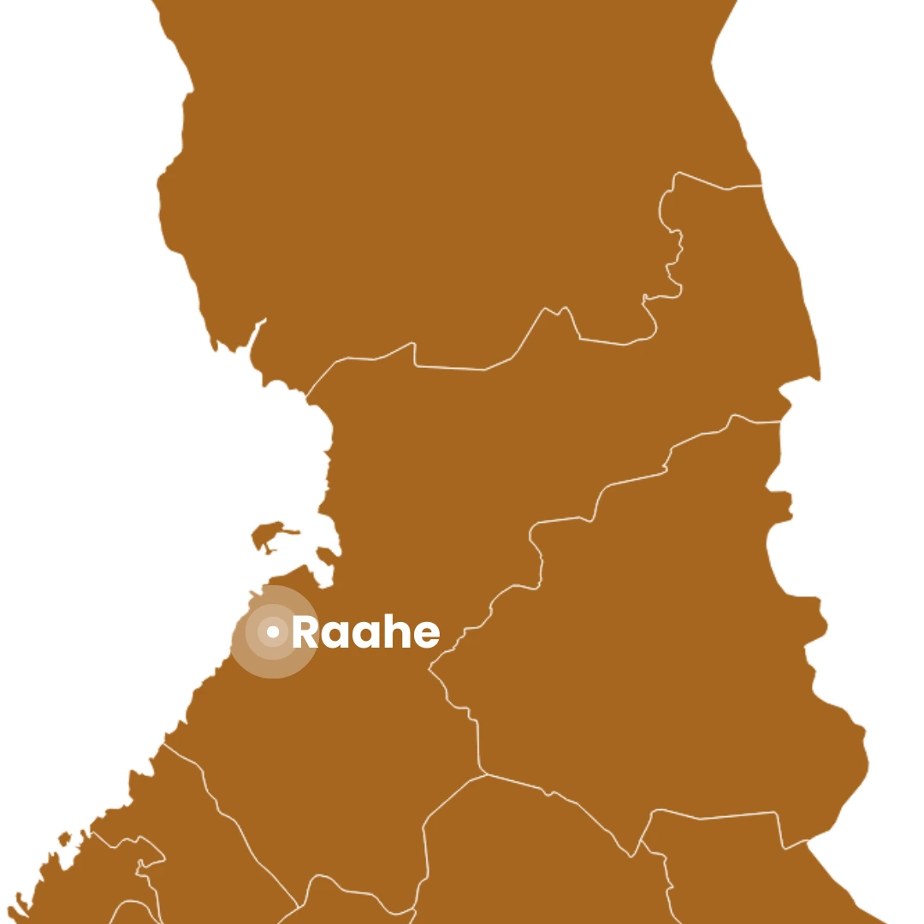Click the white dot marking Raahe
[x=273, y=632]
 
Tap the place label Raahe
[x=365, y=632]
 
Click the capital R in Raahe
[x=305, y=632]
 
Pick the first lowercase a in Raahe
[x=335, y=635]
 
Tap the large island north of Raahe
[x=272, y=534]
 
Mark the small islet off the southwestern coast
[x=64, y=838]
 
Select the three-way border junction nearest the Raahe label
[x=430, y=667]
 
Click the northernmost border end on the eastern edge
[x=761, y=185]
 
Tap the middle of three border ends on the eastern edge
[x=780, y=421]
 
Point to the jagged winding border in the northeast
[x=672, y=248]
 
